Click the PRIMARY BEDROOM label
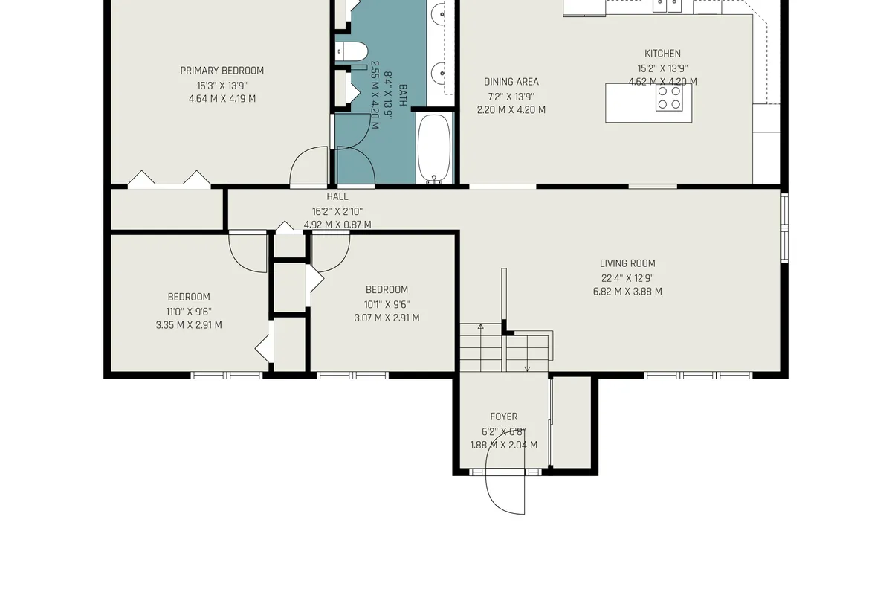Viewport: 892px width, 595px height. [x=222, y=71]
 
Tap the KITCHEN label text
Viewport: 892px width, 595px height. [x=662, y=54]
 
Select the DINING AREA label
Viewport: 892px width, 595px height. [x=511, y=82]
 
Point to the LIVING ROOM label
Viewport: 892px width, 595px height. [x=627, y=263]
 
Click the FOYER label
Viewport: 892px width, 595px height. [x=503, y=417]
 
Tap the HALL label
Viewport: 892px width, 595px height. [x=337, y=197]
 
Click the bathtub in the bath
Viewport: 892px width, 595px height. [x=435, y=148]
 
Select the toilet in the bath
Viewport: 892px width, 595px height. [x=352, y=51]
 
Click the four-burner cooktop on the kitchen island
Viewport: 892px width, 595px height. [x=669, y=97]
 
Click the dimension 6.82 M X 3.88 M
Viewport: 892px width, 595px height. [x=627, y=292]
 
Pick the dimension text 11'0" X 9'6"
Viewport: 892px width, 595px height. [x=188, y=312]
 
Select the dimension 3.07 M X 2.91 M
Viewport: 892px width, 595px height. [x=386, y=318]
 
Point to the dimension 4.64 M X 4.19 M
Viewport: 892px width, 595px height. [x=222, y=99]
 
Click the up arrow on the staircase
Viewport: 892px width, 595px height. [x=480, y=327]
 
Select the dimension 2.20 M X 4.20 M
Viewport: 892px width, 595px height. [x=511, y=110]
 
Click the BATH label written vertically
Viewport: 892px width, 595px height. [x=403, y=94]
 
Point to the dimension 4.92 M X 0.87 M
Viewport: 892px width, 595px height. [x=337, y=225]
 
